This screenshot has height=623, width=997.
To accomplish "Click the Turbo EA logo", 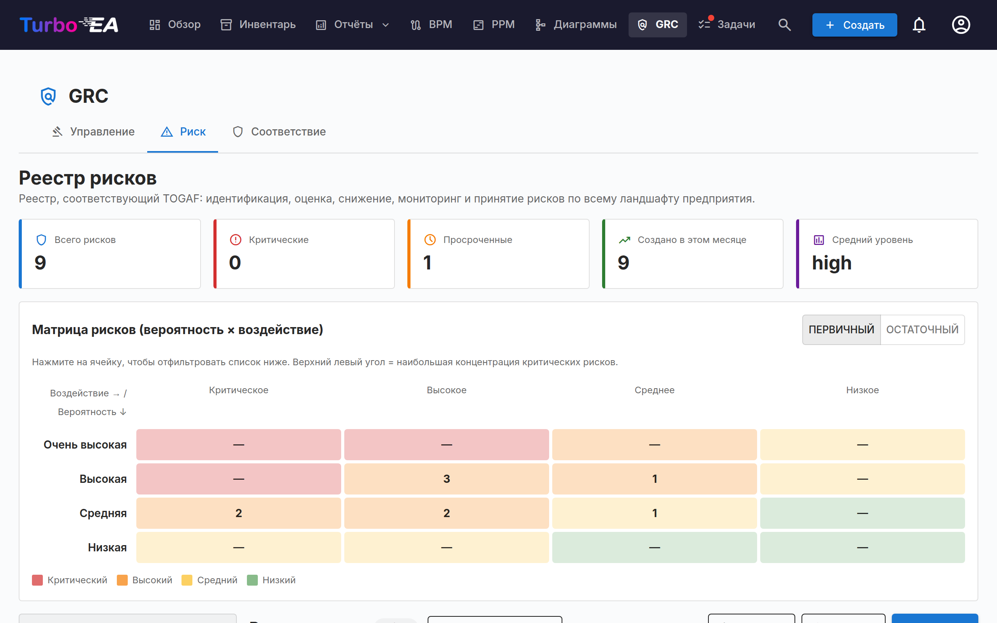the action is pyautogui.click(x=69, y=25).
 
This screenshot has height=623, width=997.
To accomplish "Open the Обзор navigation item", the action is pyautogui.click(x=175, y=25).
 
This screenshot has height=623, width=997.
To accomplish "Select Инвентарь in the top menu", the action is pyautogui.click(x=258, y=25).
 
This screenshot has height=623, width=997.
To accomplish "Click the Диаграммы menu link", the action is pyautogui.click(x=576, y=25).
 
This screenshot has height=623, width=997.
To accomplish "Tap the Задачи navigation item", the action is pyautogui.click(x=727, y=25).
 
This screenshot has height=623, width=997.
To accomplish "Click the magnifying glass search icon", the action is pyautogui.click(x=784, y=25).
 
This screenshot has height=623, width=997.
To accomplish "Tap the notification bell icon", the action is pyautogui.click(x=919, y=25).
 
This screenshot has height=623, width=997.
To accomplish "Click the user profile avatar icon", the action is pyautogui.click(x=961, y=25).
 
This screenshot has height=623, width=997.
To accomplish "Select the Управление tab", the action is pyautogui.click(x=93, y=132).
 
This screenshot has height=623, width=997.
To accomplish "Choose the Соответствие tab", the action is pyautogui.click(x=279, y=132).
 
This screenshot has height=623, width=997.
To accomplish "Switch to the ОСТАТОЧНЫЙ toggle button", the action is pyautogui.click(x=922, y=330).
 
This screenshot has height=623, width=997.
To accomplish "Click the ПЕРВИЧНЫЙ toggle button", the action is pyautogui.click(x=841, y=330).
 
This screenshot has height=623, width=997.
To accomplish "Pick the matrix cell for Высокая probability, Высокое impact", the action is pyautogui.click(x=447, y=479).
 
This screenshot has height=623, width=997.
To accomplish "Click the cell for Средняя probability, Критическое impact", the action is pyautogui.click(x=238, y=513).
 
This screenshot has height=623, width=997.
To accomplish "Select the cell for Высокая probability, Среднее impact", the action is pyautogui.click(x=654, y=479).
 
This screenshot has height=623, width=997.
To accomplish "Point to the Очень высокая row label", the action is pyautogui.click(x=85, y=445).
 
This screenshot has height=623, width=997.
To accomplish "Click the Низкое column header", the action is pyautogui.click(x=862, y=390).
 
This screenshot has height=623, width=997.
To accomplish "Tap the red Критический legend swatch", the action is pyautogui.click(x=37, y=580).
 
